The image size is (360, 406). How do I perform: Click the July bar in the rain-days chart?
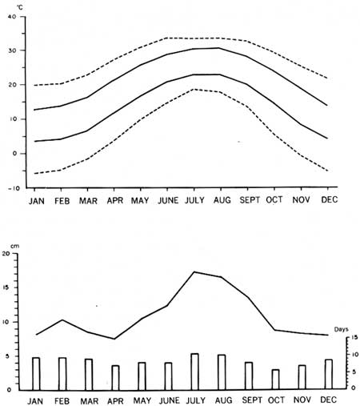194,372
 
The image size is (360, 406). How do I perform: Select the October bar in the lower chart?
275,380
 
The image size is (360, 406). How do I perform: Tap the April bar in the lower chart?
115,377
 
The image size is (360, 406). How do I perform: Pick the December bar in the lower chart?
329,374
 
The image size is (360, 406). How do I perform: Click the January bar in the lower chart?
36,373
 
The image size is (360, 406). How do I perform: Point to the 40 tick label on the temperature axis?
12,17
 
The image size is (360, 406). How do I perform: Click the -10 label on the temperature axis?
14,188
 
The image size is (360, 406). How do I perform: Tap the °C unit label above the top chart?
20,8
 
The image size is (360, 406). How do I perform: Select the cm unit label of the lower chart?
15,246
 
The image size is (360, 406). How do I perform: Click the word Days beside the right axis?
342,329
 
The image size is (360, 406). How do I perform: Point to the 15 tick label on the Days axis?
354,337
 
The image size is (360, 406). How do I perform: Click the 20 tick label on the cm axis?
6,254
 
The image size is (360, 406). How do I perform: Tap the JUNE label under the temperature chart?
168,200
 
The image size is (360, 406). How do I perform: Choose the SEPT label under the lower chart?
252,400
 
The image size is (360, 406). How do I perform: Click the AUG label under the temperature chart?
222,200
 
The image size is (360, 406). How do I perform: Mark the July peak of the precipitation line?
194,271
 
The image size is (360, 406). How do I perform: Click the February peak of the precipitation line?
62,320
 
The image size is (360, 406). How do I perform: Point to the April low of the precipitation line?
114,339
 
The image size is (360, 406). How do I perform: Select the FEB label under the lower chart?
62,401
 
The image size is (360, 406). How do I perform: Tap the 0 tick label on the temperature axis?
14,154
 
